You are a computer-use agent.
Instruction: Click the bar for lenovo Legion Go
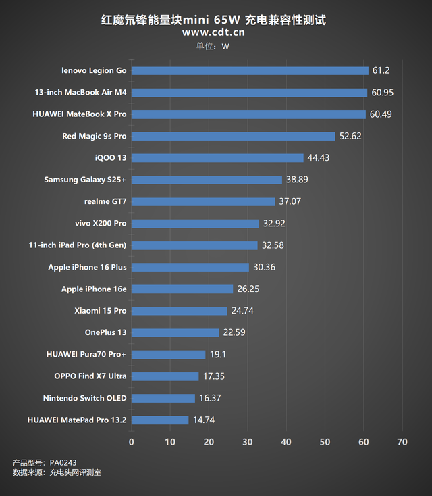250,70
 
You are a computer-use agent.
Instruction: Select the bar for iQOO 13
217,158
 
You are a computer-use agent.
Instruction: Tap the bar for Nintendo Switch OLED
163,398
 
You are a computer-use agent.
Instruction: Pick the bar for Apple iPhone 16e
182,289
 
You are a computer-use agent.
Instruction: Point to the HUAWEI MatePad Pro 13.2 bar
160,420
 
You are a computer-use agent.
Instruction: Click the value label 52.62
351,137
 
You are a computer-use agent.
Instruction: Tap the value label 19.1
218,355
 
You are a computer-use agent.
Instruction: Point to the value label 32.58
273,245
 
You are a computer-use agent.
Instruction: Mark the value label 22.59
234,332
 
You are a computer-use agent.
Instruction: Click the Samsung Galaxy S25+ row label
85,180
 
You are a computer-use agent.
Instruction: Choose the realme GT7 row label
105,201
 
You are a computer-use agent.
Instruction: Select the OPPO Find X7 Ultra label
90,376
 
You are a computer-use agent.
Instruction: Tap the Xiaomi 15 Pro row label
101,311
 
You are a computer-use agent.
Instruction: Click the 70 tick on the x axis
403,442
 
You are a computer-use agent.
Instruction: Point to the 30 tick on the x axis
248,442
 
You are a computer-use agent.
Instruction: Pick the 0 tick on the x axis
132,442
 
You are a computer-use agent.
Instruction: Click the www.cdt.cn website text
214,32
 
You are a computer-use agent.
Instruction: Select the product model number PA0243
63,463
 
